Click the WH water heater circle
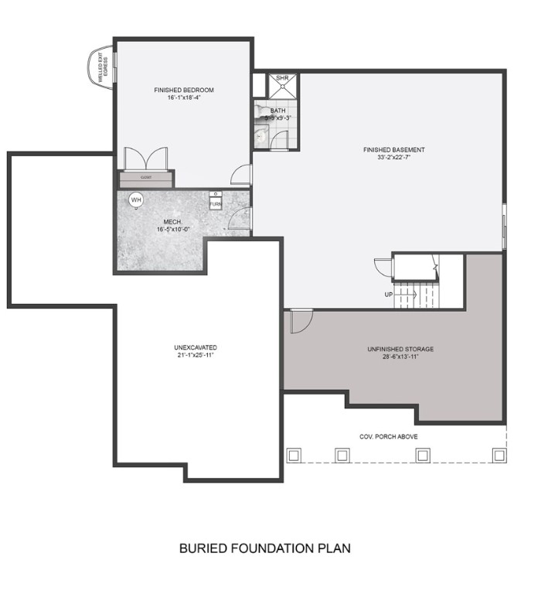pyautogui.click(x=136, y=200)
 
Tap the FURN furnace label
pyautogui.click(x=215, y=203)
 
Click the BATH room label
pyautogui.click(x=277, y=111)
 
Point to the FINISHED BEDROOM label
pyautogui.click(x=184, y=90)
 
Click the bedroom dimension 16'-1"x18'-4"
pyautogui.click(x=184, y=98)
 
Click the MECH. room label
pyautogui.click(x=172, y=221)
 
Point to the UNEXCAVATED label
pyautogui.click(x=196, y=347)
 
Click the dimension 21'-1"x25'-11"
pyautogui.click(x=196, y=355)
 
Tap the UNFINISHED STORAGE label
pyautogui.click(x=400, y=350)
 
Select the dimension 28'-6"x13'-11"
pyautogui.click(x=400, y=357)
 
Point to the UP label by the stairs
pyautogui.click(x=389, y=294)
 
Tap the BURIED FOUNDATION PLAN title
pyautogui.click(x=265, y=548)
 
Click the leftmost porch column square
pyautogui.click(x=293, y=455)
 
